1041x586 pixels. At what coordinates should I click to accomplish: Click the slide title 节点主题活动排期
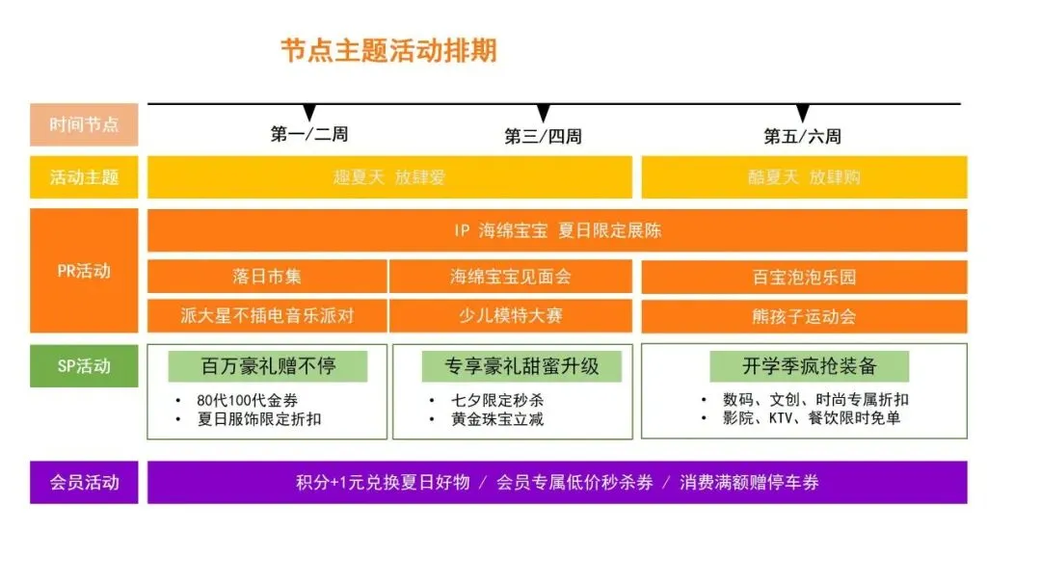[388, 51]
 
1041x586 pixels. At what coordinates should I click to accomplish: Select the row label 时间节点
[84, 124]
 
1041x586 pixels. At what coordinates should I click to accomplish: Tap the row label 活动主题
[84, 177]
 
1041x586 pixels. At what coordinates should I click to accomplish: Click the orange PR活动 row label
[84, 271]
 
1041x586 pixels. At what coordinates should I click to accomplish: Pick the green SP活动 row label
[84, 366]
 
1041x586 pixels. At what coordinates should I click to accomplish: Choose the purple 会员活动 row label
[84, 482]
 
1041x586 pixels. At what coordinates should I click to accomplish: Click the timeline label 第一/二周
[309, 135]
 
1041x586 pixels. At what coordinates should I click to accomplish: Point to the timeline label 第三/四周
[543, 137]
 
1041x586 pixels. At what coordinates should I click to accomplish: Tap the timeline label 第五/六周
[802, 137]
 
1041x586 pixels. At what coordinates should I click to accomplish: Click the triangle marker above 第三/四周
[543, 114]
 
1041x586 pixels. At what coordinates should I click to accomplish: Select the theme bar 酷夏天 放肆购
[804, 177]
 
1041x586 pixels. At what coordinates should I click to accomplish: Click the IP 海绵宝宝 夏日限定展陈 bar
[557, 230]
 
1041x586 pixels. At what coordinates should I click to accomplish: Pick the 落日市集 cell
[267, 277]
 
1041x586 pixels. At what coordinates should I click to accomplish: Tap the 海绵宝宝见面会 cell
[511, 277]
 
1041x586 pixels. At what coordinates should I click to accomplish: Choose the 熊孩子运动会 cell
[804, 316]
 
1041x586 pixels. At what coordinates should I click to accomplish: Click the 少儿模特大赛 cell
[511, 316]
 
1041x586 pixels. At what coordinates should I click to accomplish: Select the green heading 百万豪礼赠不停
[268, 366]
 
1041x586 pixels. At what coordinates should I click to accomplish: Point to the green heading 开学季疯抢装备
[809, 366]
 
